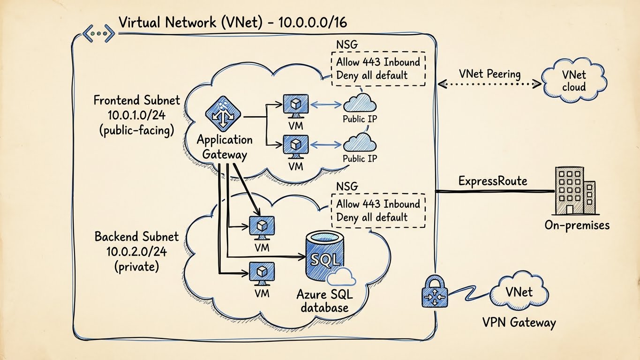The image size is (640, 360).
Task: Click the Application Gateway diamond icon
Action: click(223, 114)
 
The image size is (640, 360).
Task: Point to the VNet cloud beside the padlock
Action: click(519, 292)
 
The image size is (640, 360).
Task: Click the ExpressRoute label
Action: click(493, 181)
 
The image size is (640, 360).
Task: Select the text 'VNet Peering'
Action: click(490, 74)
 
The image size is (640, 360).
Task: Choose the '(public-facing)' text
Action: click(136, 131)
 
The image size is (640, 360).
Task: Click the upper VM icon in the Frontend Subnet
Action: click(296, 105)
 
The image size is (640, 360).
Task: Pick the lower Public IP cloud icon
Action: click(360, 142)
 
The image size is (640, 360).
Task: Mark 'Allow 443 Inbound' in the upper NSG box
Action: click(378, 62)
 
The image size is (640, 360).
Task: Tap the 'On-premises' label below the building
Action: click(577, 225)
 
